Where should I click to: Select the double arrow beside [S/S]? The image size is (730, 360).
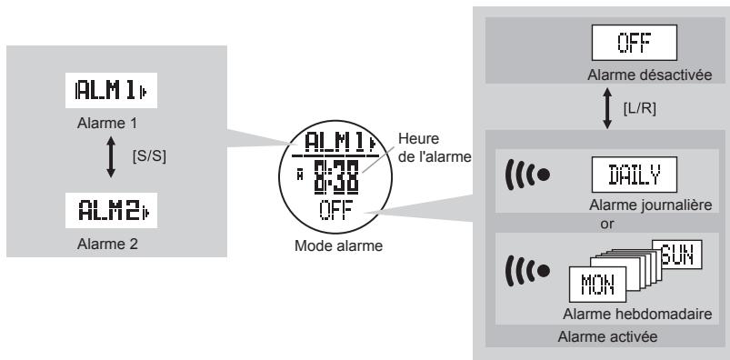tap(111, 155)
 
